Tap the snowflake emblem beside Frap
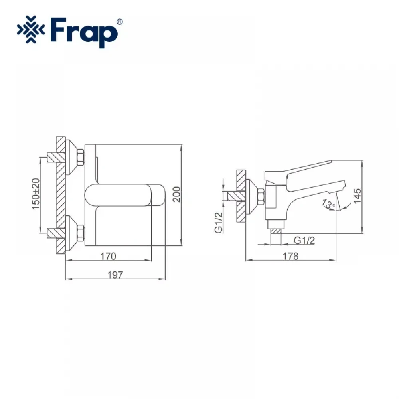click(31, 30)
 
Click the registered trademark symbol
click(119, 22)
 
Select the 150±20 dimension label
click(36, 194)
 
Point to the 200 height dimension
click(176, 194)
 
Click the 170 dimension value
click(108, 256)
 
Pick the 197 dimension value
click(115, 275)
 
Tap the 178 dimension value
click(290, 256)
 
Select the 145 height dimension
click(357, 196)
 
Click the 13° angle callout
click(328, 203)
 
